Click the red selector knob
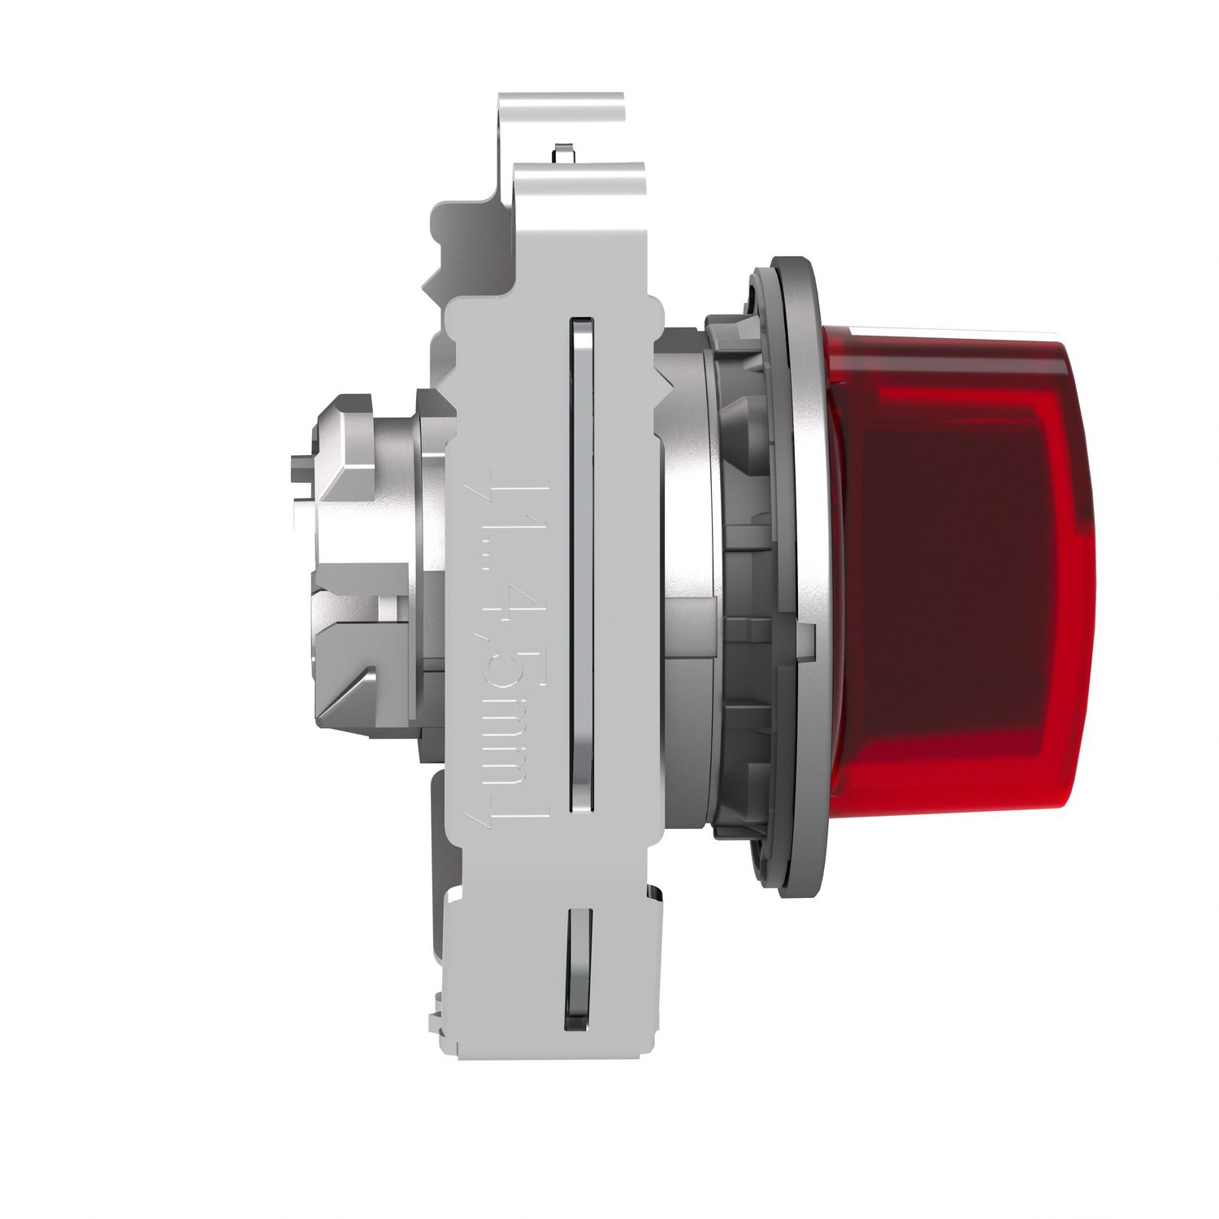click(959, 569)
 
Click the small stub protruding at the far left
click(299, 471)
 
